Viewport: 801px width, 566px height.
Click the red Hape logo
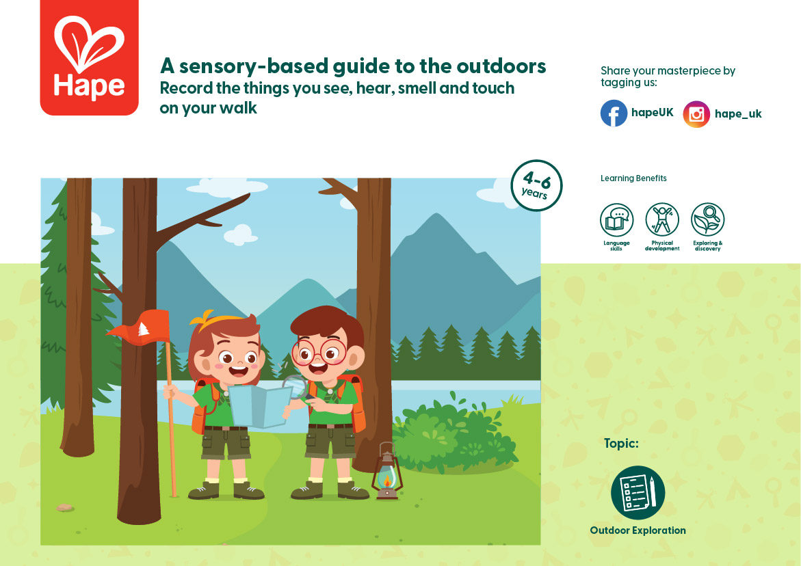tap(90, 57)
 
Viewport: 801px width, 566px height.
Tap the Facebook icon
tap(614, 113)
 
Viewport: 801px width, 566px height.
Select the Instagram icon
tap(696, 113)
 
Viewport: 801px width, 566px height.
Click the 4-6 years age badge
tap(536, 185)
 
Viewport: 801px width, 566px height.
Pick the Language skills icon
tap(616, 220)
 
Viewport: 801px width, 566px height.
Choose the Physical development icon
tap(662, 219)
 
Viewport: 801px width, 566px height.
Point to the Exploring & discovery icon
tap(707, 219)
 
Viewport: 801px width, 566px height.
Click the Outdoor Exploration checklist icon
tap(638, 492)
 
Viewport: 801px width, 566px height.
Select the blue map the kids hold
tap(260, 406)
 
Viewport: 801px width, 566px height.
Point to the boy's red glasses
tap(319, 353)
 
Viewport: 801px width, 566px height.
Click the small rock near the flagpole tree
tap(65, 507)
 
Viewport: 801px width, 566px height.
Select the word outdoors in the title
tap(501, 66)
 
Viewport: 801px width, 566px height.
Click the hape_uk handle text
tap(738, 113)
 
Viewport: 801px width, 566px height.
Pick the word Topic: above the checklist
tap(621, 443)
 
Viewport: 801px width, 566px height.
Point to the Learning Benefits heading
tap(633, 178)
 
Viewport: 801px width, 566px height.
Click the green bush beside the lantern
tap(455, 434)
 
